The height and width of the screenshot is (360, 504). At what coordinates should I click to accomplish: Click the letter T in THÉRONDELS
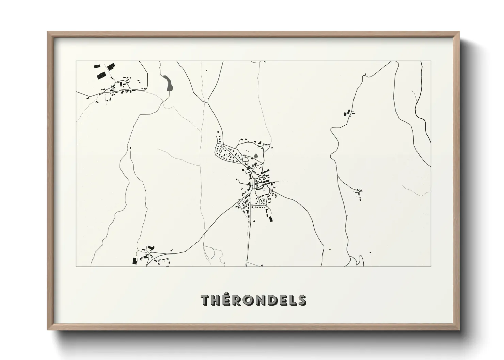(205, 300)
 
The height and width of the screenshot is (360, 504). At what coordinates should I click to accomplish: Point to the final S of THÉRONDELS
(302, 300)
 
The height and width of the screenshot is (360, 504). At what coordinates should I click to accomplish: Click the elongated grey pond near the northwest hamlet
(168, 83)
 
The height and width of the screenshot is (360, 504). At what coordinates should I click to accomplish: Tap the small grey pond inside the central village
(256, 157)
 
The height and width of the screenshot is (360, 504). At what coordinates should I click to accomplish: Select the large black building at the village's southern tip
(271, 219)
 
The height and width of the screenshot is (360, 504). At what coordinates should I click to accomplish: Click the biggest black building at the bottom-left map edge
(135, 261)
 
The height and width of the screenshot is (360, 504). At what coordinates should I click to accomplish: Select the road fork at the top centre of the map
(207, 101)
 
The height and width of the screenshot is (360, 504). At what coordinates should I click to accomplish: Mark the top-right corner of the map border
(431, 61)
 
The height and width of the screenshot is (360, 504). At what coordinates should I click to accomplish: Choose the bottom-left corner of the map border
(76, 266)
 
